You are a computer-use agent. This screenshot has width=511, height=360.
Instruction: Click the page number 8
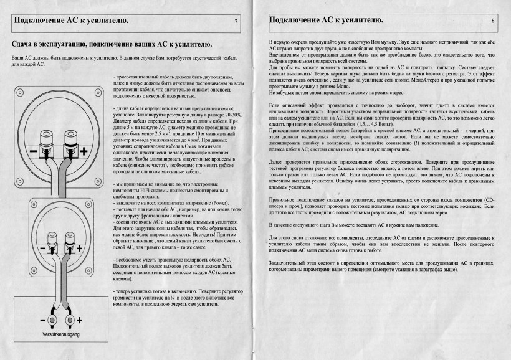click(x=492, y=21)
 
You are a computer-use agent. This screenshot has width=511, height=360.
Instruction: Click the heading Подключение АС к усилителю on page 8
click(x=325, y=21)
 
